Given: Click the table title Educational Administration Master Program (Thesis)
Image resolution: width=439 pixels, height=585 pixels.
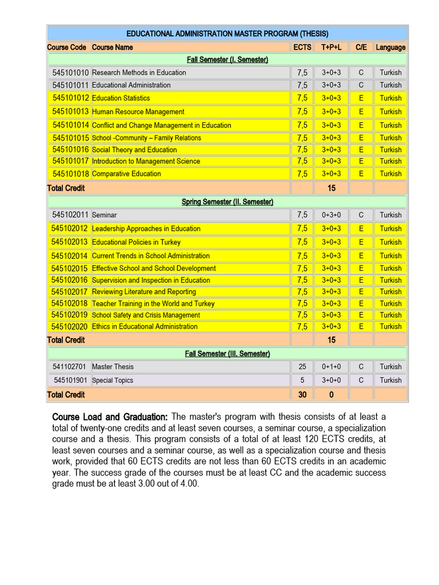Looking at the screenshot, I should (x=227, y=34).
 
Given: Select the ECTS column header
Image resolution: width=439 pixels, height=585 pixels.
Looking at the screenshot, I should (x=302, y=47).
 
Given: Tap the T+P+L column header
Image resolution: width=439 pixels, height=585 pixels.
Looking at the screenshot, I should (x=331, y=47).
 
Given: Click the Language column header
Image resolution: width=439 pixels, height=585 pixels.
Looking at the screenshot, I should (x=390, y=47).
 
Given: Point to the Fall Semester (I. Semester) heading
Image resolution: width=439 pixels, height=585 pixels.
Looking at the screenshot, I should (x=227, y=59).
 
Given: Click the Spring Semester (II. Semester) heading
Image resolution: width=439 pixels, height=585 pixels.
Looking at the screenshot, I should (x=227, y=202).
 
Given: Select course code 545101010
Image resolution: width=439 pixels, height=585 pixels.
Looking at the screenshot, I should (x=70, y=73).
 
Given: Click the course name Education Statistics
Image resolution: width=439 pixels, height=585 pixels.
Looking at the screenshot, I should (x=121, y=98).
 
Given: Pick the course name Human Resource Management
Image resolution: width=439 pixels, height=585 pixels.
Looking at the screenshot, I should (x=138, y=112).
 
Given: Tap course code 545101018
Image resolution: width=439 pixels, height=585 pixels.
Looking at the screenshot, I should (x=70, y=174).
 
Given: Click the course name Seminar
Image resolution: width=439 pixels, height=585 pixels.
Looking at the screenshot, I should (x=104, y=215).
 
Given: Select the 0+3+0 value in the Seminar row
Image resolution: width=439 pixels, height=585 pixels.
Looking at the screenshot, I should (x=331, y=215).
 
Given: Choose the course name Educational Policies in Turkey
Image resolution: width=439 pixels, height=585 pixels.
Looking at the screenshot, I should (x=136, y=242).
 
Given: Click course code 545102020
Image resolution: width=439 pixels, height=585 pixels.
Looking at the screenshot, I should (x=69, y=327).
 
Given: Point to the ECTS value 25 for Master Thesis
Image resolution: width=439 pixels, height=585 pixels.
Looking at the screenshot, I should (x=302, y=367).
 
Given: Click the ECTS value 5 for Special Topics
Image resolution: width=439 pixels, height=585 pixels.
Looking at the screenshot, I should (x=302, y=380).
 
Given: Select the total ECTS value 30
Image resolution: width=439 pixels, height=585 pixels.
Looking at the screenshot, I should (x=302, y=395).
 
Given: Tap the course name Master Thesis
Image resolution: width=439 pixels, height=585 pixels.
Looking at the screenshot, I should (x=113, y=367).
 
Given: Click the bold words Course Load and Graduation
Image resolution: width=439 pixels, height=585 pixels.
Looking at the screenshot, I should (x=110, y=416).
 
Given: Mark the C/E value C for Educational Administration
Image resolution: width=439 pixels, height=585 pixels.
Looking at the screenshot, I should (x=361, y=85).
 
